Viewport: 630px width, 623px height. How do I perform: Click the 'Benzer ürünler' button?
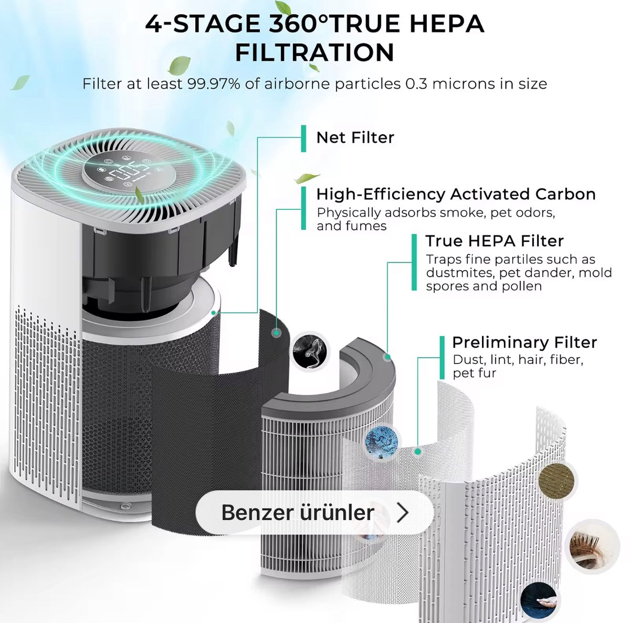point(314,512)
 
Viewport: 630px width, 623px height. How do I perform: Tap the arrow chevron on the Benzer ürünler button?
point(403,512)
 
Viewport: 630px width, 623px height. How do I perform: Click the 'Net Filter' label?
point(355,137)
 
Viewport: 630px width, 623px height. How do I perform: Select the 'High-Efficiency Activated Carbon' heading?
point(456,194)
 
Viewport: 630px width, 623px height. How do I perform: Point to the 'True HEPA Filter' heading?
point(495,241)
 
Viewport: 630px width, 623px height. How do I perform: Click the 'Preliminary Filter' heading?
point(524,342)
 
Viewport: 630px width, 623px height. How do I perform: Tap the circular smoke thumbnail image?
point(309,351)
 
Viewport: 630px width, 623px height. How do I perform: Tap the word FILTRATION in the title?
point(314,52)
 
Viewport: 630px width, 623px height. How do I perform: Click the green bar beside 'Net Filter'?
point(303,138)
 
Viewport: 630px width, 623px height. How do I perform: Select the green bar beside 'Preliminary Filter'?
point(442,358)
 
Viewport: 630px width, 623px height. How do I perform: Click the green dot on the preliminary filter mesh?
point(417,452)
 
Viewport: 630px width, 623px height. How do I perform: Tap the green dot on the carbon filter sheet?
point(277,333)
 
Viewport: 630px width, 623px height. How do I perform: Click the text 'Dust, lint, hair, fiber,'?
point(518,360)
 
